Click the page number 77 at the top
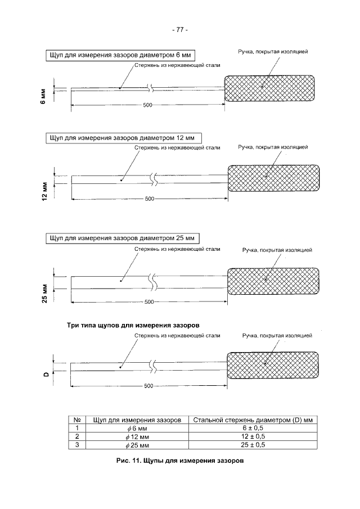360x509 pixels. tap(179, 30)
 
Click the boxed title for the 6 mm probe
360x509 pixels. tap(120, 55)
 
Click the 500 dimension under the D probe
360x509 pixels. tap(149, 386)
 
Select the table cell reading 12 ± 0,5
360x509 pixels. tap(253, 436)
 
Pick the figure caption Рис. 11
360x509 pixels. tap(179, 462)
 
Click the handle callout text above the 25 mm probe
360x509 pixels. tap(277, 250)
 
